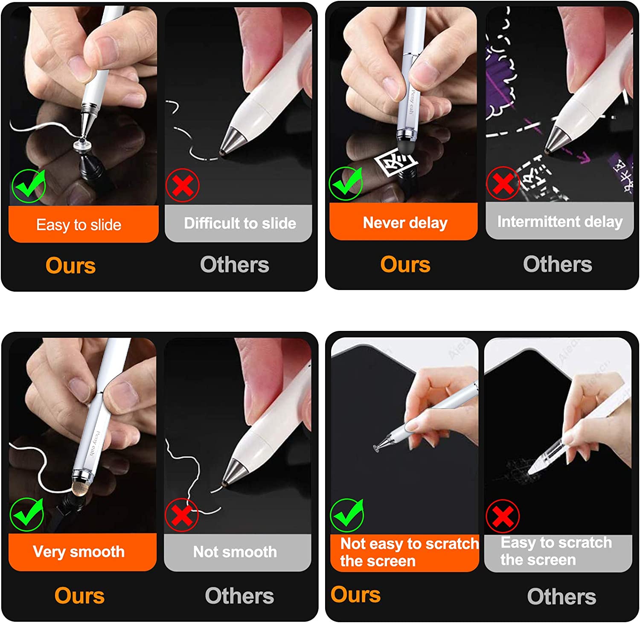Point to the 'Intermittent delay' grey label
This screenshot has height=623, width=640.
tap(559, 221)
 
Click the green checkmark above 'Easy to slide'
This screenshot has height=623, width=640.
tap(29, 185)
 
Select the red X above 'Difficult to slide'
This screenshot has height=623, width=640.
tap(182, 185)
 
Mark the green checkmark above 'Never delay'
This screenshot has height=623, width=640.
tap(346, 183)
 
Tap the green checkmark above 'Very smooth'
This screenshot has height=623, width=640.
tap(27, 514)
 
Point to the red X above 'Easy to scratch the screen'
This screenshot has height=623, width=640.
tap(503, 516)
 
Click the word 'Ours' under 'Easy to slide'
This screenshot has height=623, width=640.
tap(71, 266)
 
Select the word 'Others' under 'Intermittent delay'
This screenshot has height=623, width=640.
tap(558, 264)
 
